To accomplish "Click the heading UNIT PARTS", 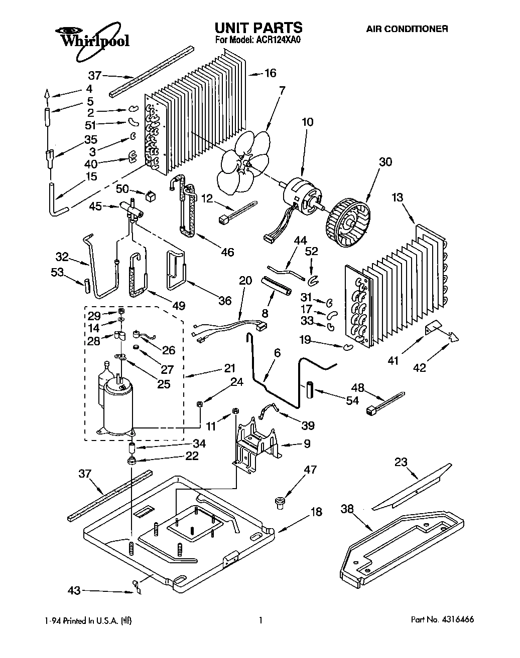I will [x=258, y=27].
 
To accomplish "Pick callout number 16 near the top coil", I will [x=270, y=73].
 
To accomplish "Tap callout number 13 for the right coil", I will [x=397, y=197].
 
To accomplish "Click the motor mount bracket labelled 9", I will [x=256, y=441].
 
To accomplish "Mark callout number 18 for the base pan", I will [x=316, y=512].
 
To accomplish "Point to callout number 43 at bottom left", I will [x=74, y=591].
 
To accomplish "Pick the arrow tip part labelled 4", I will [x=47, y=93].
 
